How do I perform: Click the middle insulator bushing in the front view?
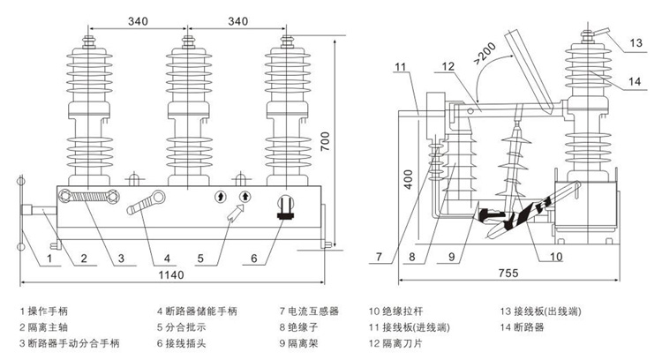click(x=187, y=110)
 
